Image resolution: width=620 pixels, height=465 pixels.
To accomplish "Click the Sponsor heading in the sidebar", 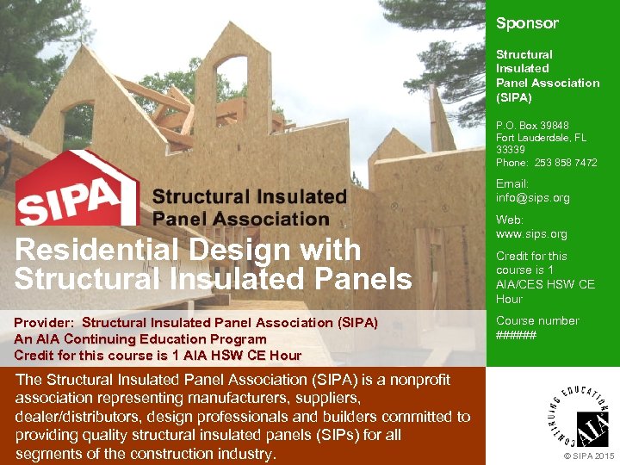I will click(527, 23).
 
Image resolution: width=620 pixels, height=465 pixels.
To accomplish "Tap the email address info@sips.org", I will click(532, 198).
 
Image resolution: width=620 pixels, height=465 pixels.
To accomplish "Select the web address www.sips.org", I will click(531, 234).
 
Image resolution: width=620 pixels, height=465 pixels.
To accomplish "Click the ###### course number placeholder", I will click(516, 335).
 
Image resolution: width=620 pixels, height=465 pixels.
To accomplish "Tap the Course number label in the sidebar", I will click(537, 321).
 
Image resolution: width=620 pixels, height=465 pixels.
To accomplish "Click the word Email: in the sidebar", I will click(512, 184).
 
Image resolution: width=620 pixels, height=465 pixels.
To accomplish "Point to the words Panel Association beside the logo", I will click(240, 219).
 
